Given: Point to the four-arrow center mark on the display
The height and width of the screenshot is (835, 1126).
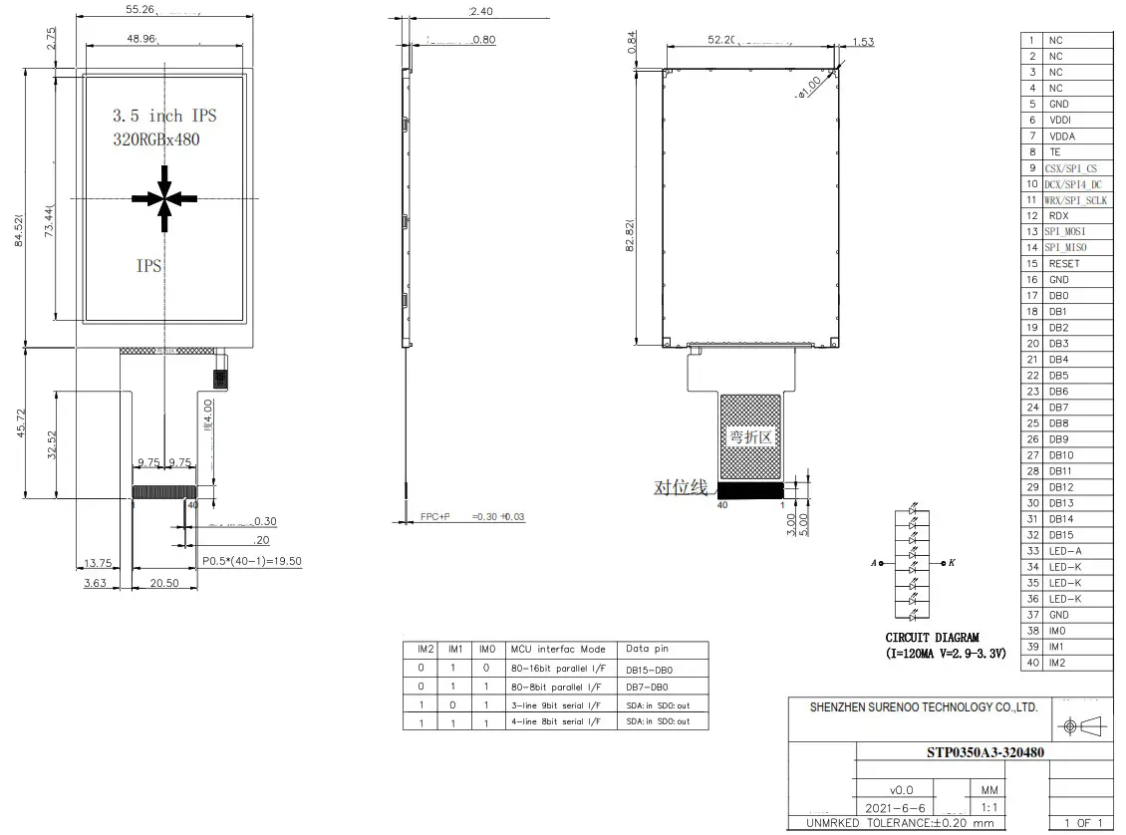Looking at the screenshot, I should click(x=165, y=197).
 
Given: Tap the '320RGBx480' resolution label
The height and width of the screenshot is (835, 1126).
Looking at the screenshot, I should click(x=156, y=139).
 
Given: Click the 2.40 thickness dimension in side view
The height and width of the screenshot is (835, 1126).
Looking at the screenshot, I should click(x=480, y=11).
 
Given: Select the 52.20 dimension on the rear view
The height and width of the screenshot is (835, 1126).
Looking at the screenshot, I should click(x=721, y=39).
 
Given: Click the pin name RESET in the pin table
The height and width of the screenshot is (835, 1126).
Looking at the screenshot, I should click(x=1063, y=264).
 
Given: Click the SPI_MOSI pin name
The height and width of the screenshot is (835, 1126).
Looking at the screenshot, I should click(x=1065, y=232).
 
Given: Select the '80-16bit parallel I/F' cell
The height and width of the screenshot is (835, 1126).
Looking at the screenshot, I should click(x=554, y=668).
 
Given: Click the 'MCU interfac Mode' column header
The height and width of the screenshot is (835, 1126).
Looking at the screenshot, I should click(x=557, y=649).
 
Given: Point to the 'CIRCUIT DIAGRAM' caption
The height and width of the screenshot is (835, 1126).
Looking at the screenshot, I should click(x=932, y=638).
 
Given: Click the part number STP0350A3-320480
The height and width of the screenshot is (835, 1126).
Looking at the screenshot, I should click(x=979, y=752).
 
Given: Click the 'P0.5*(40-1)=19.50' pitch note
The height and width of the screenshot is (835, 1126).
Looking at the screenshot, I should click(x=251, y=561).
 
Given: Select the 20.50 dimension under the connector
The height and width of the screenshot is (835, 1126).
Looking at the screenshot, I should click(x=164, y=583).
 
